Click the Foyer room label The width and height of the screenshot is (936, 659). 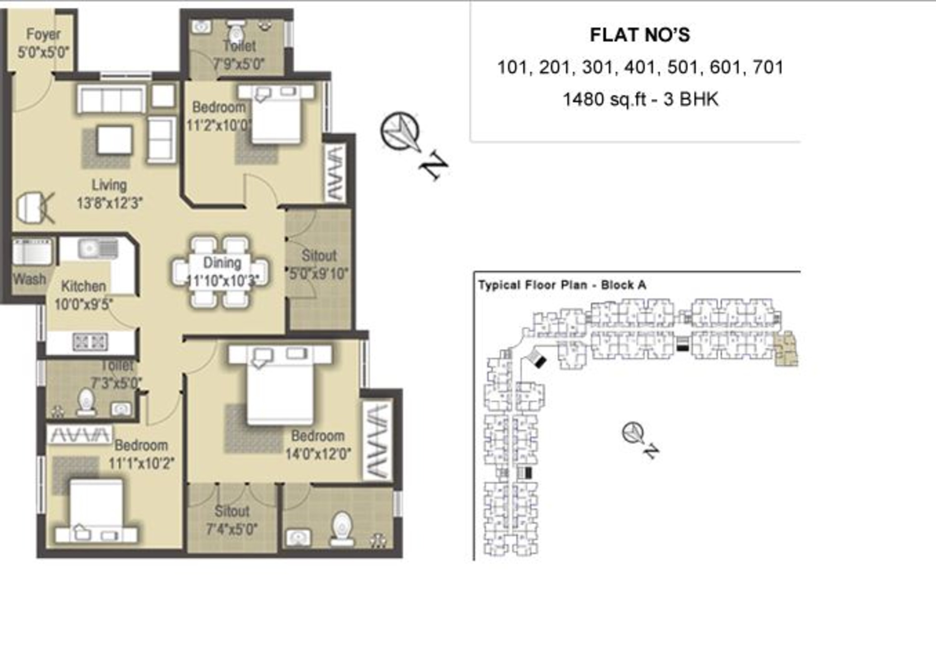pos(43,34)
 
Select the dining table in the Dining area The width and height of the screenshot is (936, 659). pos(221,272)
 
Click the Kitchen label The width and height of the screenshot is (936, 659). pos(84,286)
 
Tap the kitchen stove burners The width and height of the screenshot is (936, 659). pos(90,342)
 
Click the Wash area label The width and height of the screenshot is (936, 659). pos(29,279)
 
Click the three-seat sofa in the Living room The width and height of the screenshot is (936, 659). pos(111,99)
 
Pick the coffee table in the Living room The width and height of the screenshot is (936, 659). pos(115,140)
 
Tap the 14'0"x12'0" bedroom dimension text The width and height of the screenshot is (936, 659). pos(318,454)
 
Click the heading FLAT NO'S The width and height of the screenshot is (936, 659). pos(640,35)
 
